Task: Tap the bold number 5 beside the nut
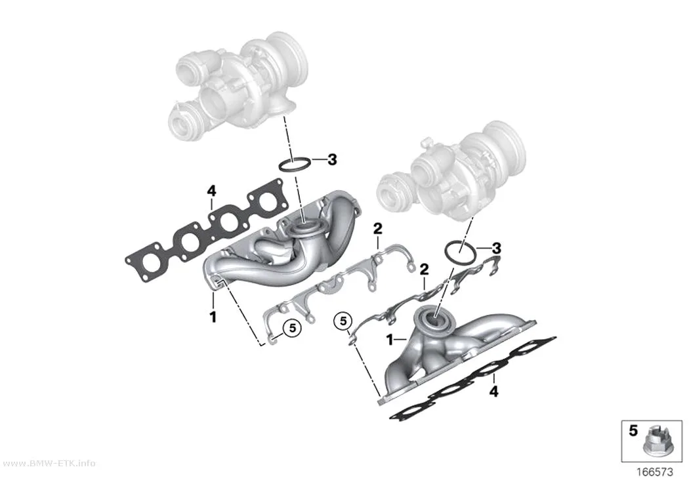click(633, 431)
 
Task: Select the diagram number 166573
click(655, 472)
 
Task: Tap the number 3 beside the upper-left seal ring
click(332, 160)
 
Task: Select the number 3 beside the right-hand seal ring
click(496, 249)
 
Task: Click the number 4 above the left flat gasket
click(212, 191)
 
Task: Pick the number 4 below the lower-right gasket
click(494, 392)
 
